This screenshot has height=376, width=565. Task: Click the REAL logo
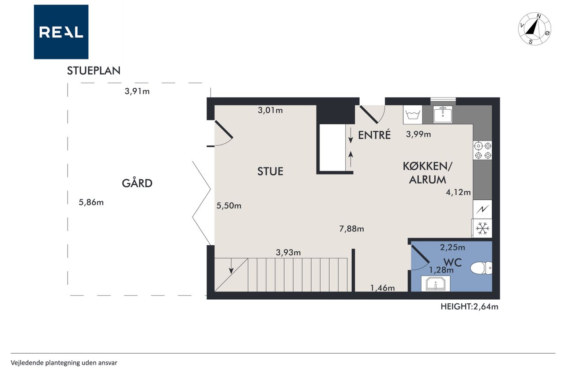tap(61, 32)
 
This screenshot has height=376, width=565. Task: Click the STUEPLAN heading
tap(94, 71)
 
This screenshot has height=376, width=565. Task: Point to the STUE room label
tap(270, 171)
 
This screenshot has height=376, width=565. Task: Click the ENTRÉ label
tap(374, 135)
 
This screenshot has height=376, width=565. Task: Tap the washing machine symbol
tap(413, 115)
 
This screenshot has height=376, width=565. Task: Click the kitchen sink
tap(443, 114)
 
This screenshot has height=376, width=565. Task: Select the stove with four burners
tap(482, 150)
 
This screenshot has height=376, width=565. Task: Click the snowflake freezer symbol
tap(482, 228)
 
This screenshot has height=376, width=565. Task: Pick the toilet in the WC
tap(481, 268)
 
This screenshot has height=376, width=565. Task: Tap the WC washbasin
tap(436, 283)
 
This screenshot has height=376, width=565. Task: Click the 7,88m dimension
tap(351, 229)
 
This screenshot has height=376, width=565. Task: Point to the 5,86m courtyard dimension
tap(91, 202)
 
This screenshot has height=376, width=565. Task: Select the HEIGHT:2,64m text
tap(469, 306)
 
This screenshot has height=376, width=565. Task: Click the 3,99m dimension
tap(418, 134)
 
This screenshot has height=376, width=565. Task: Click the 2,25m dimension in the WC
tap(452, 247)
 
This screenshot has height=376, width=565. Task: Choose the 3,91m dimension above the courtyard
tap(137, 91)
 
